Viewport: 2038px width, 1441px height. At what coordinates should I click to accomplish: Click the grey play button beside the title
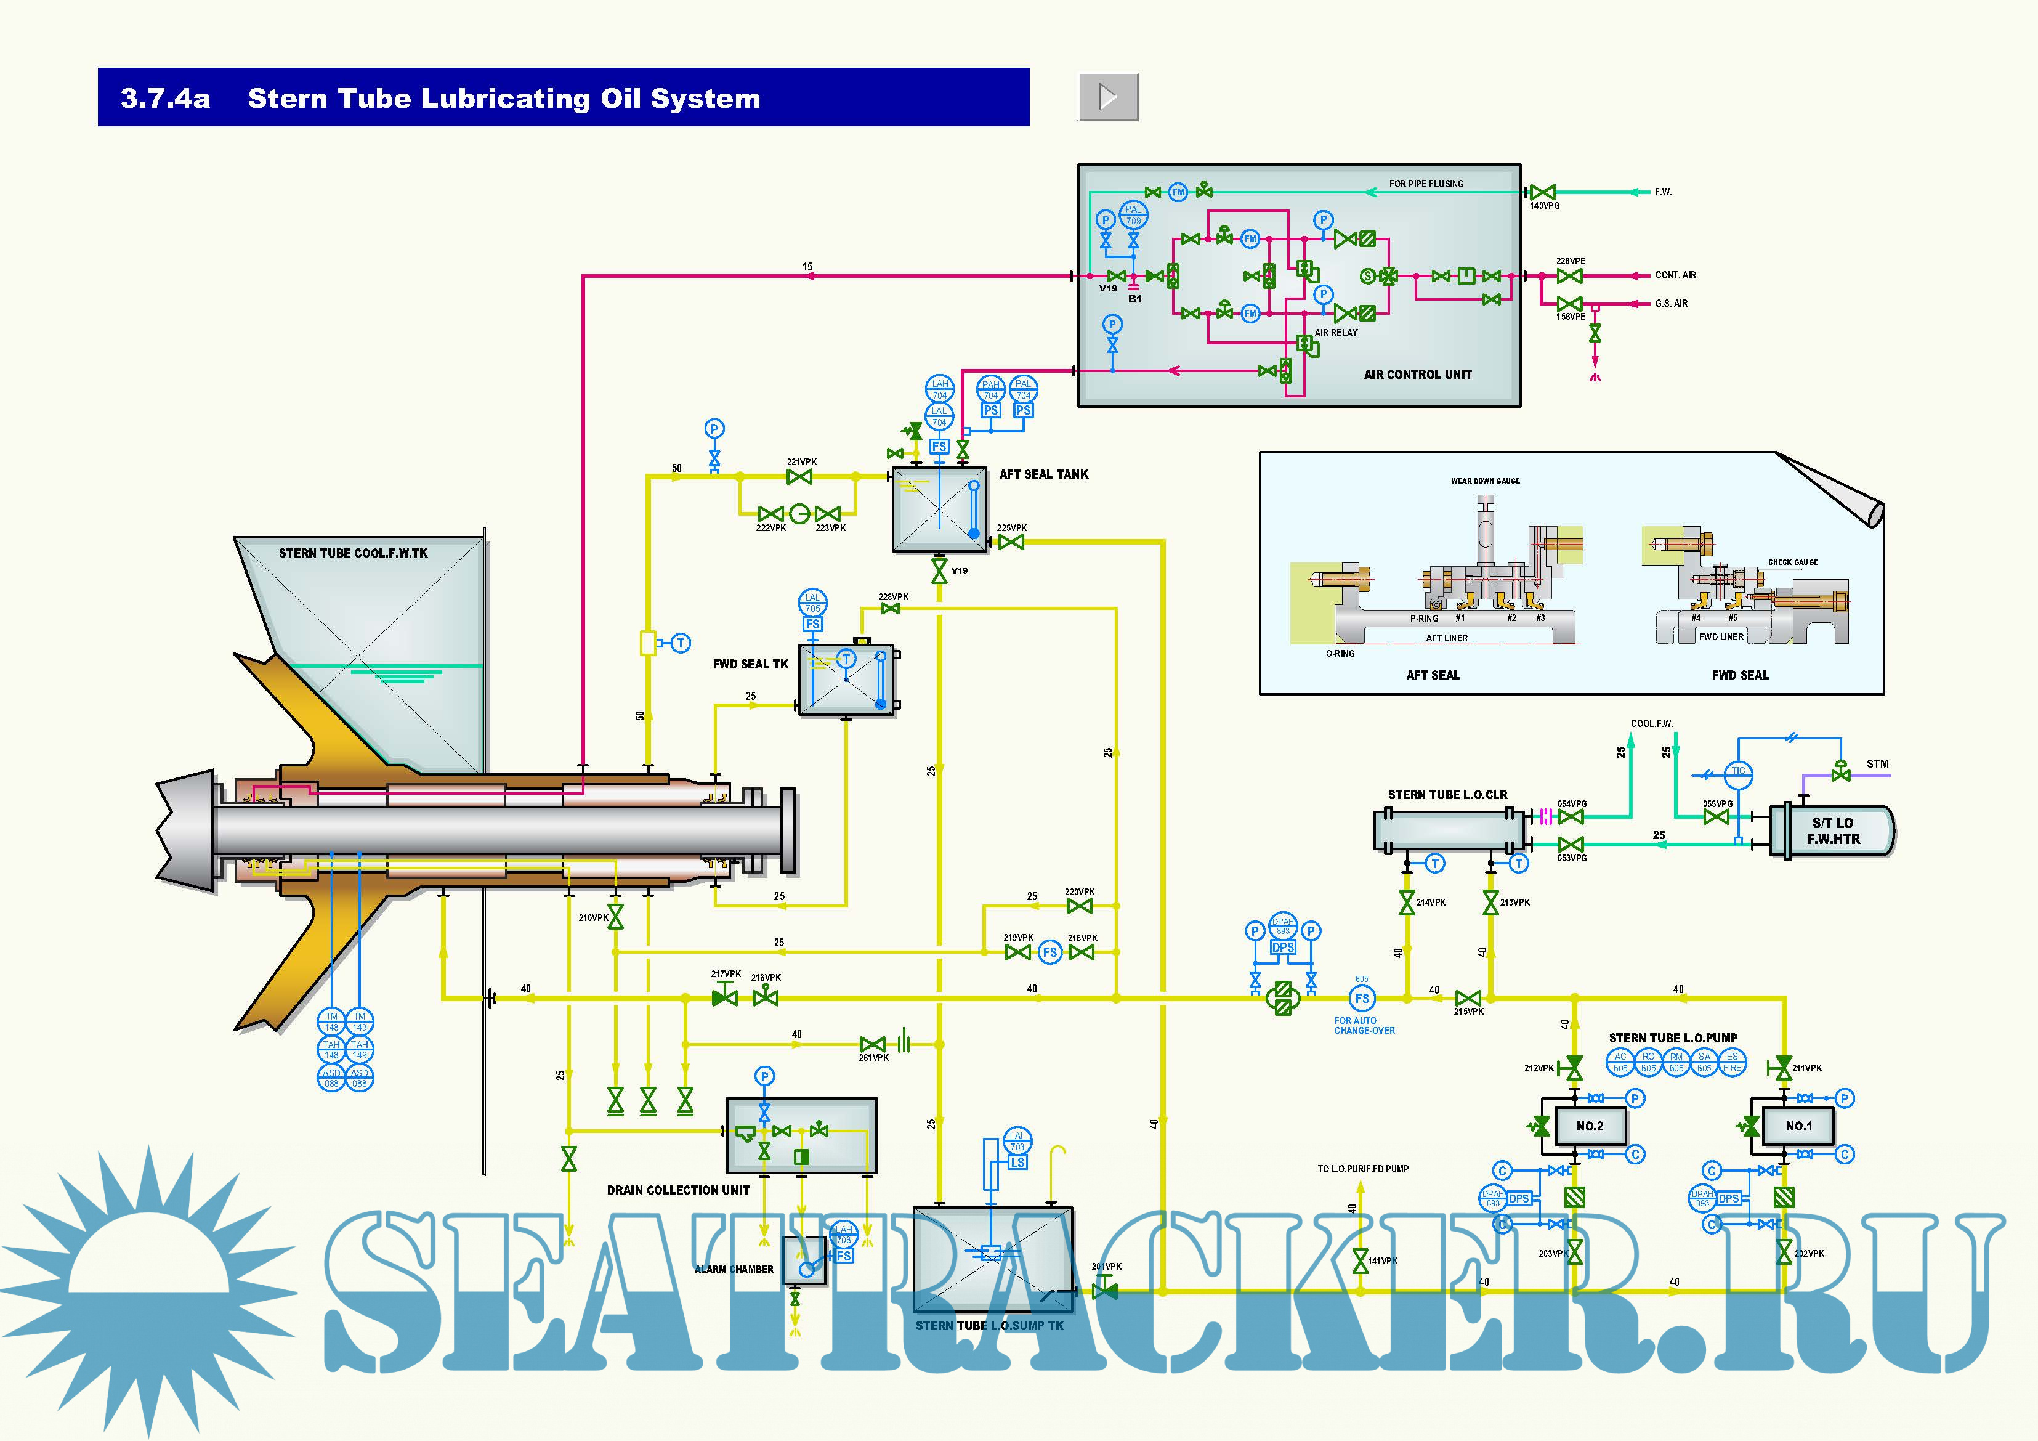point(1108,97)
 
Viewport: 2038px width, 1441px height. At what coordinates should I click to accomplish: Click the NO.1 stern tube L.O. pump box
point(1798,1126)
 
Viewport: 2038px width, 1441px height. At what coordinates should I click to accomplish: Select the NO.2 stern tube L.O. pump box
point(1589,1126)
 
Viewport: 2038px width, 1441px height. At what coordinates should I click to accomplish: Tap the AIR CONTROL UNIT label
point(1418,375)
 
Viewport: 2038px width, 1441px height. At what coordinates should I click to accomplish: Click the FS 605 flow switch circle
point(1362,998)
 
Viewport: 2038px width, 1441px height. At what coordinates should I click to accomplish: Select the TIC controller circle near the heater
point(1738,771)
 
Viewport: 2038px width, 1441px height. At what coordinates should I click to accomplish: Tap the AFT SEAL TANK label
point(1044,475)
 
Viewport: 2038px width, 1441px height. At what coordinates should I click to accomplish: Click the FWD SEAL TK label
point(751,664)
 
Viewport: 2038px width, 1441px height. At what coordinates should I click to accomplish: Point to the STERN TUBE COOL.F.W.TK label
point(354,553)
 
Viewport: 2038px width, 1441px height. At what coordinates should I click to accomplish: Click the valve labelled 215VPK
point(1468,999)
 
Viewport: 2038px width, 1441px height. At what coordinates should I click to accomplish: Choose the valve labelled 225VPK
point(1011,542)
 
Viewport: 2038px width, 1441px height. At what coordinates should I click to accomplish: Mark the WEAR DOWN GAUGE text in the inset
point(1485,481)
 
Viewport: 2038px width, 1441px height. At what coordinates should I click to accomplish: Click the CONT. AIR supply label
point(1675,275)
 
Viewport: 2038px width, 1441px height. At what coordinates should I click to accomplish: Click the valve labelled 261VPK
point(873,1044)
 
